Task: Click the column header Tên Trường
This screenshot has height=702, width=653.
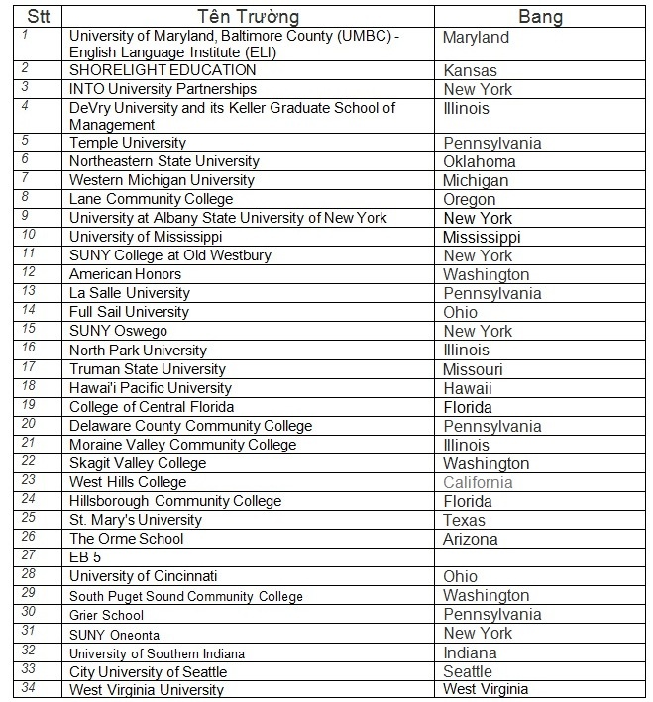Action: [249, 17]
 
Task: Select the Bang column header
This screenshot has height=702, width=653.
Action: [540, 17]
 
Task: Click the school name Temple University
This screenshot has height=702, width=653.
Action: [127, 143]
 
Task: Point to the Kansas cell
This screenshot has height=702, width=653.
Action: [470, 71]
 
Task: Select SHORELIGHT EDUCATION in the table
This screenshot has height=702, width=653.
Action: [163, 70]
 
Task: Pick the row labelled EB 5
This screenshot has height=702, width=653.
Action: [85, 557]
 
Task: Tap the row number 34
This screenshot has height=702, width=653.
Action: [29, 687]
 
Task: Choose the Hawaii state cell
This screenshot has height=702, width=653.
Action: [468, 389]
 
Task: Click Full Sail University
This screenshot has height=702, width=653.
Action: [129, 312]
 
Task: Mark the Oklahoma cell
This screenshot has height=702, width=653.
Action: [480, 162]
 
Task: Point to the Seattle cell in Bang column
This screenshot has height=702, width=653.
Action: [468, 672]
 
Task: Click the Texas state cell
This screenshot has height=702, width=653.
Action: [464, 521]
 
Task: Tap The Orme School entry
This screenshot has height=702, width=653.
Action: [126, 539]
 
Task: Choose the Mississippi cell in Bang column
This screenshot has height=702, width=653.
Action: [482, 238]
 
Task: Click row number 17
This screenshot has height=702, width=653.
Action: [29, 367]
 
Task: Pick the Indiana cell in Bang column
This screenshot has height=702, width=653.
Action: [470, 653]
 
